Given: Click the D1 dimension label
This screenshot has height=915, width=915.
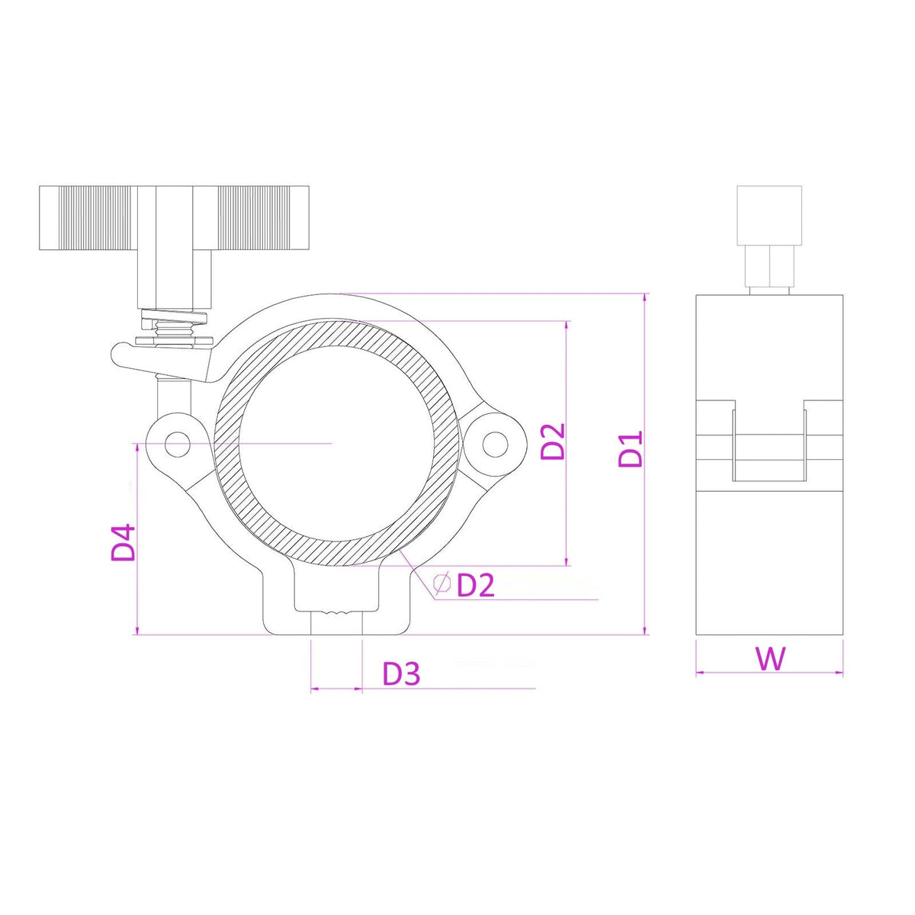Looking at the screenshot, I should [x=631, y=448].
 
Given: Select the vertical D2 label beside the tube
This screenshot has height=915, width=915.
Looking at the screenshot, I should [x=553, y=441].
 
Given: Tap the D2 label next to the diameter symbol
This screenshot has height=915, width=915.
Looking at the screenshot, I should [x=476, y=585].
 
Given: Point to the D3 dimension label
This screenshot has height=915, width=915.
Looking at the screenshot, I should [x=401, y=673].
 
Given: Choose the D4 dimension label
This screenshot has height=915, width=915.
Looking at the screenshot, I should [x=123, y=542].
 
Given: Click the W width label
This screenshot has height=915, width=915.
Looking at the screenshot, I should [x=770, y=658].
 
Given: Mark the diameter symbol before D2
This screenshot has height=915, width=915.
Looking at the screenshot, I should [x=441, y=583].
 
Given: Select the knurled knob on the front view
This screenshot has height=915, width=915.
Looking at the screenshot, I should [x=174, y=218].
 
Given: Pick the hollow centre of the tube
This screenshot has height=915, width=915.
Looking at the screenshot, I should [x=339, y=442].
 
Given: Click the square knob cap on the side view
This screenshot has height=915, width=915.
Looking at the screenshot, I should [x=769, y=215].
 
